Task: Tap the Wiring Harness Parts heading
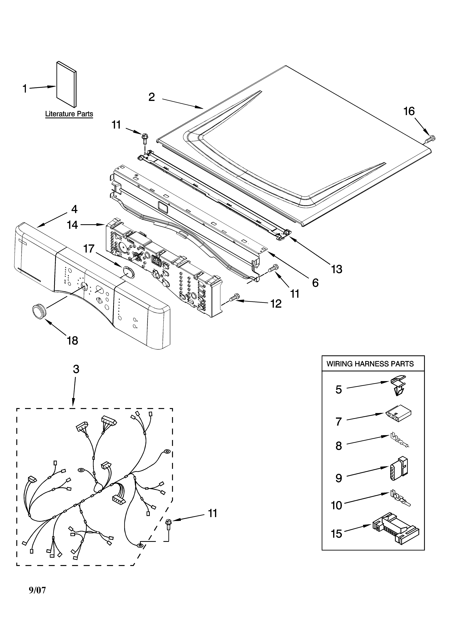(x=370, y=364)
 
